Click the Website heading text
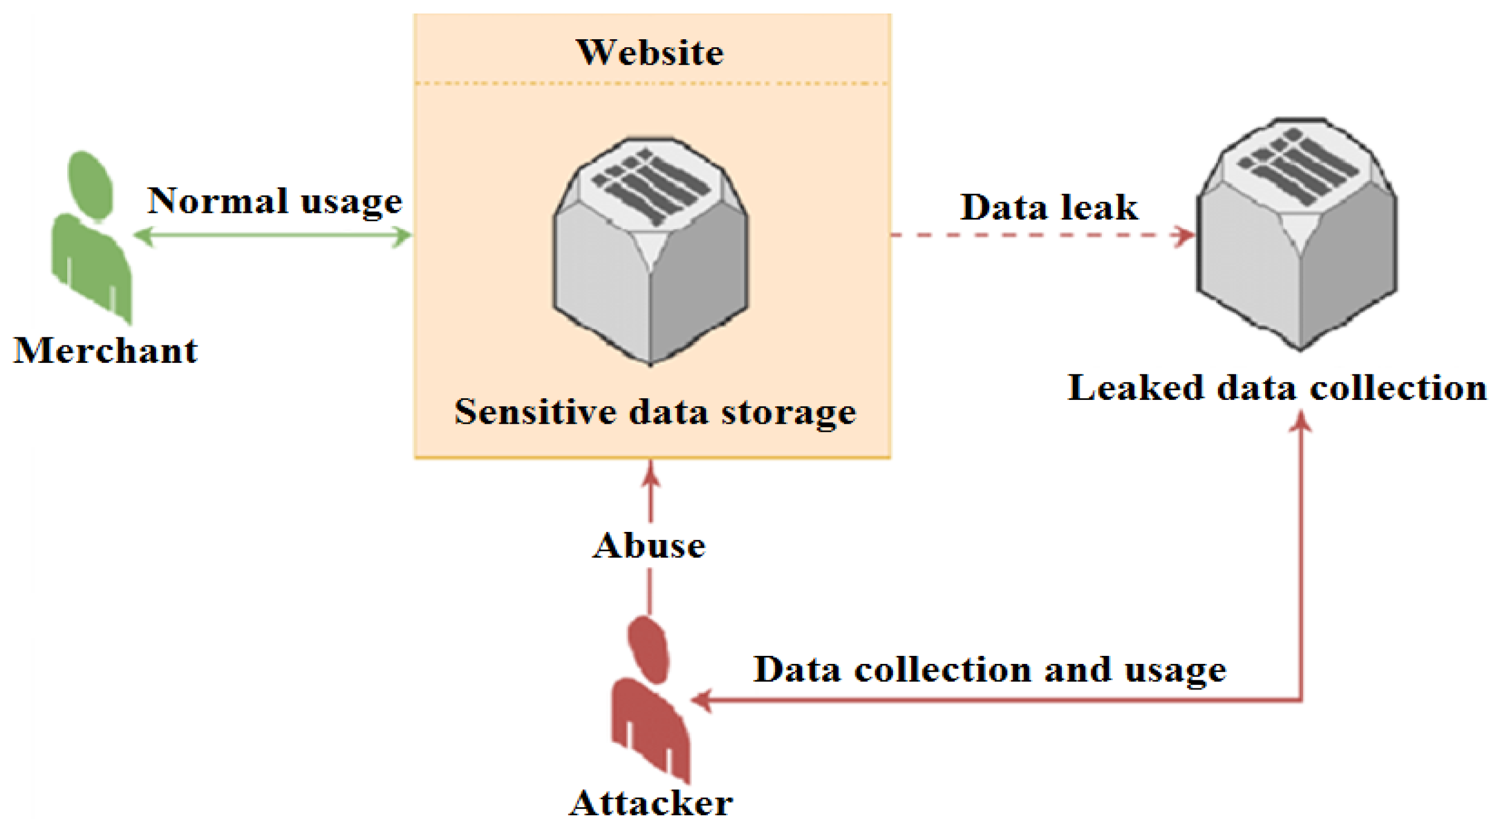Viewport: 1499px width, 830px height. (650, 53)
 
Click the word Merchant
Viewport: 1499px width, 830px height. (105, 351)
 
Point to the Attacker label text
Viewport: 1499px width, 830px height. (650, 804)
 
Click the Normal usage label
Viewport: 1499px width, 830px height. (274, 201)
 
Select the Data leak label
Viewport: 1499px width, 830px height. (1048, 207)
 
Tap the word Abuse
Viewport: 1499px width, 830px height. (649, 546)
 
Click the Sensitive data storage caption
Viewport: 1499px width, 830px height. (654, 412)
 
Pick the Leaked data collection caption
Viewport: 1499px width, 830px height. (1276, 388)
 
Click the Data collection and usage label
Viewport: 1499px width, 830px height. (989, 670)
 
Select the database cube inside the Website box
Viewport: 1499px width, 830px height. (650, 250)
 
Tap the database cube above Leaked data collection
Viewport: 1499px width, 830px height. (1296, 233)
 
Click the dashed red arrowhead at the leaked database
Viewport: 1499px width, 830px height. (1185, 236)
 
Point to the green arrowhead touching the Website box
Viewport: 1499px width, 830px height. (402, 236)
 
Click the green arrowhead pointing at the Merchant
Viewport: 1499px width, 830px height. (144, 236)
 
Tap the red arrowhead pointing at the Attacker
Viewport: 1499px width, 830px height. (701, 700)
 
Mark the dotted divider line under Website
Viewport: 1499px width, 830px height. (652, 84)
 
